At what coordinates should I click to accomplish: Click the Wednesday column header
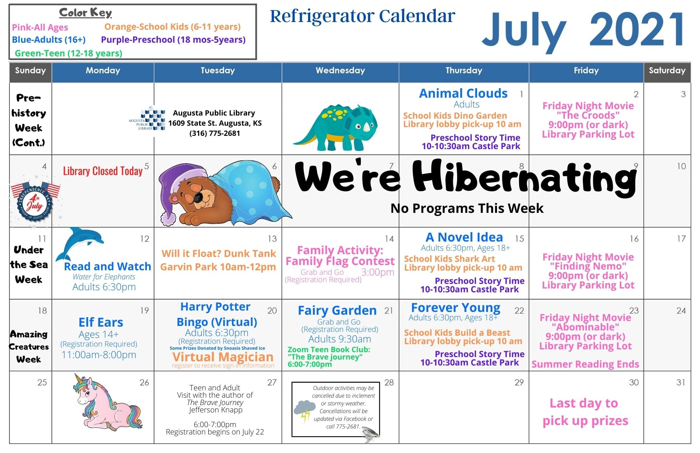[x=340, y=71]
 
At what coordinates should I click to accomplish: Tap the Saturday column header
[x=667, y=71]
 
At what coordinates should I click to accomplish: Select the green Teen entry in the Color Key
[x=69, y=53]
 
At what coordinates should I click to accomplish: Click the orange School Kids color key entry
[x=173, y=27]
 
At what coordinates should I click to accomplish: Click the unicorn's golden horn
[x=80, y=379]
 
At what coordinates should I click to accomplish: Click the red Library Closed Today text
[x=103, y=171]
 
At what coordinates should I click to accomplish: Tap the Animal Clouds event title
[x=463, y=93]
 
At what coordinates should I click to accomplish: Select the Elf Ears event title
[x=101, y=322]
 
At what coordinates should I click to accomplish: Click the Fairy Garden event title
[x=337, y=311]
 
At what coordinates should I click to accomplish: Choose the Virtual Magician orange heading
[x=223, y=357]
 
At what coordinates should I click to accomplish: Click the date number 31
[x=681, y=382]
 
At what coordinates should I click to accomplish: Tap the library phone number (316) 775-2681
[x=215, y=133]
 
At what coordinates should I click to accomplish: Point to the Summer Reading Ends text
[x=585, y=364]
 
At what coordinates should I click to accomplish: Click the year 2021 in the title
[x=637, y=29]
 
